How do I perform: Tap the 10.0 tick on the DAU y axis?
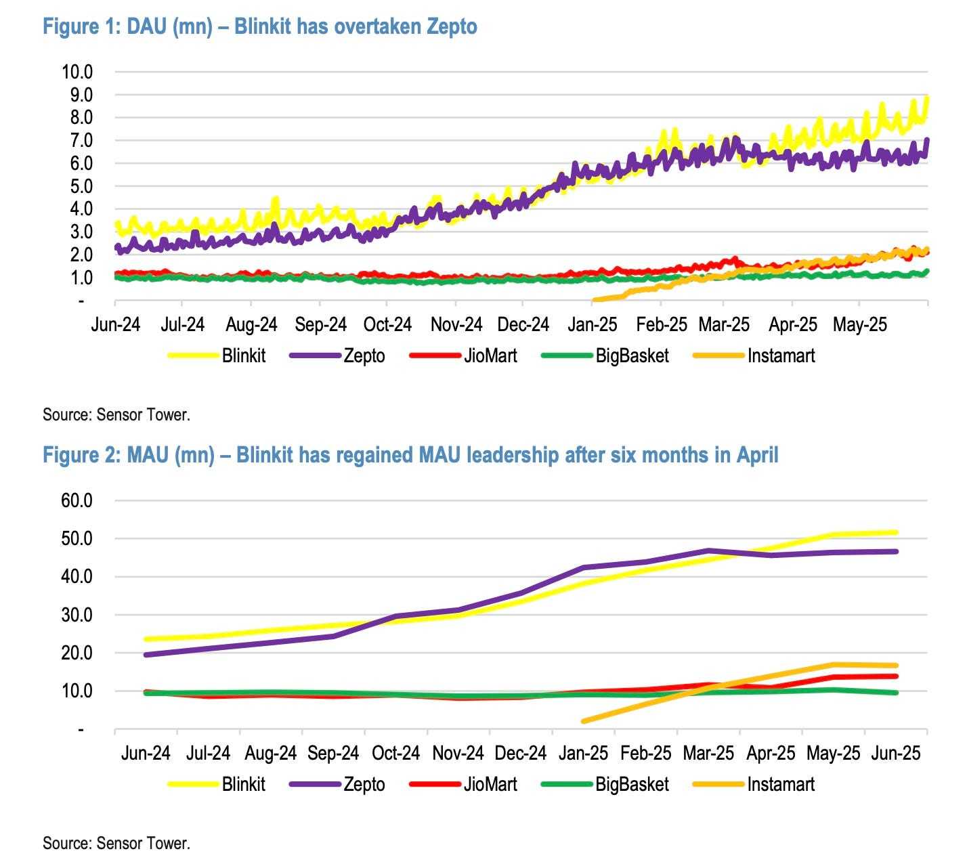[x=77, y=72]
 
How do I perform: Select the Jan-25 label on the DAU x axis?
[x=593, y=325]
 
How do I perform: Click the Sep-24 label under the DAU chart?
[x=320, y=325]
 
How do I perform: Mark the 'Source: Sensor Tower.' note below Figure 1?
[x=116, y=414]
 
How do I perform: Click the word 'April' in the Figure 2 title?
[x=752, y=455]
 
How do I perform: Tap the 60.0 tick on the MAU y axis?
[x=77, y=501]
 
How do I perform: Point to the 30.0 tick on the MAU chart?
[x=77, y=615]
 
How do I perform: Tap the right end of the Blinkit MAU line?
[x=896, y=532]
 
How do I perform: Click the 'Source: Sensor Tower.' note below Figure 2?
[x=116, y=843]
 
